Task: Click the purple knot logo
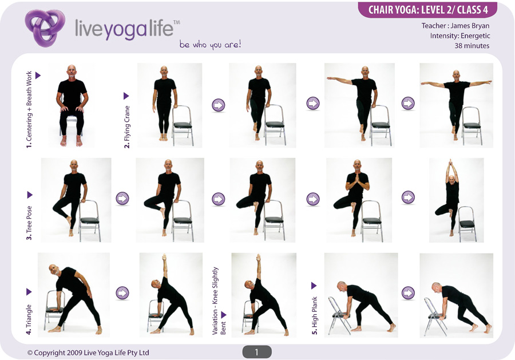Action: [x=45, y=28]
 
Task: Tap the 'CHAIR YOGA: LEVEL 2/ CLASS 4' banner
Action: [x=427, y=10]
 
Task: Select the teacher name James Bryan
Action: [x=470, y=26]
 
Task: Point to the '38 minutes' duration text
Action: [x=472, y=46]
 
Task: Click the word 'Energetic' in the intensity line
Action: [x=476, y=35]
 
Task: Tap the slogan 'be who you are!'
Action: [x=210, y=44]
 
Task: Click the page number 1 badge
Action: [x=257, y=352]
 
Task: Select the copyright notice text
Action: [x=88, y=353]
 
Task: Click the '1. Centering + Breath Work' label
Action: [x=29, y=110]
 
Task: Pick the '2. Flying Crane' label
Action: [x=127, y=127]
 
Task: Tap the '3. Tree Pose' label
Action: [x=30, y=223]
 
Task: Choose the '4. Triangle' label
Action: [x=29, y=319]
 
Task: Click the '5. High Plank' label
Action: [x=315, y=316]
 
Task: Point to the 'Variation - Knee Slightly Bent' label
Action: [x=219, y=301]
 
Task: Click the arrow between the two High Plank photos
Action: [x=408, y=292]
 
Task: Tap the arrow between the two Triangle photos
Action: [x=122, y=292]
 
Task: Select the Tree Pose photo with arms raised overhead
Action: [x=456, y=200]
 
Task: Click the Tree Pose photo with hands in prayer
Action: [x=359, y=200]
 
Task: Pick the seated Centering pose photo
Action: [x=72, y=105]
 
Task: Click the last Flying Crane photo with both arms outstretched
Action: [x=456, y=105]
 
